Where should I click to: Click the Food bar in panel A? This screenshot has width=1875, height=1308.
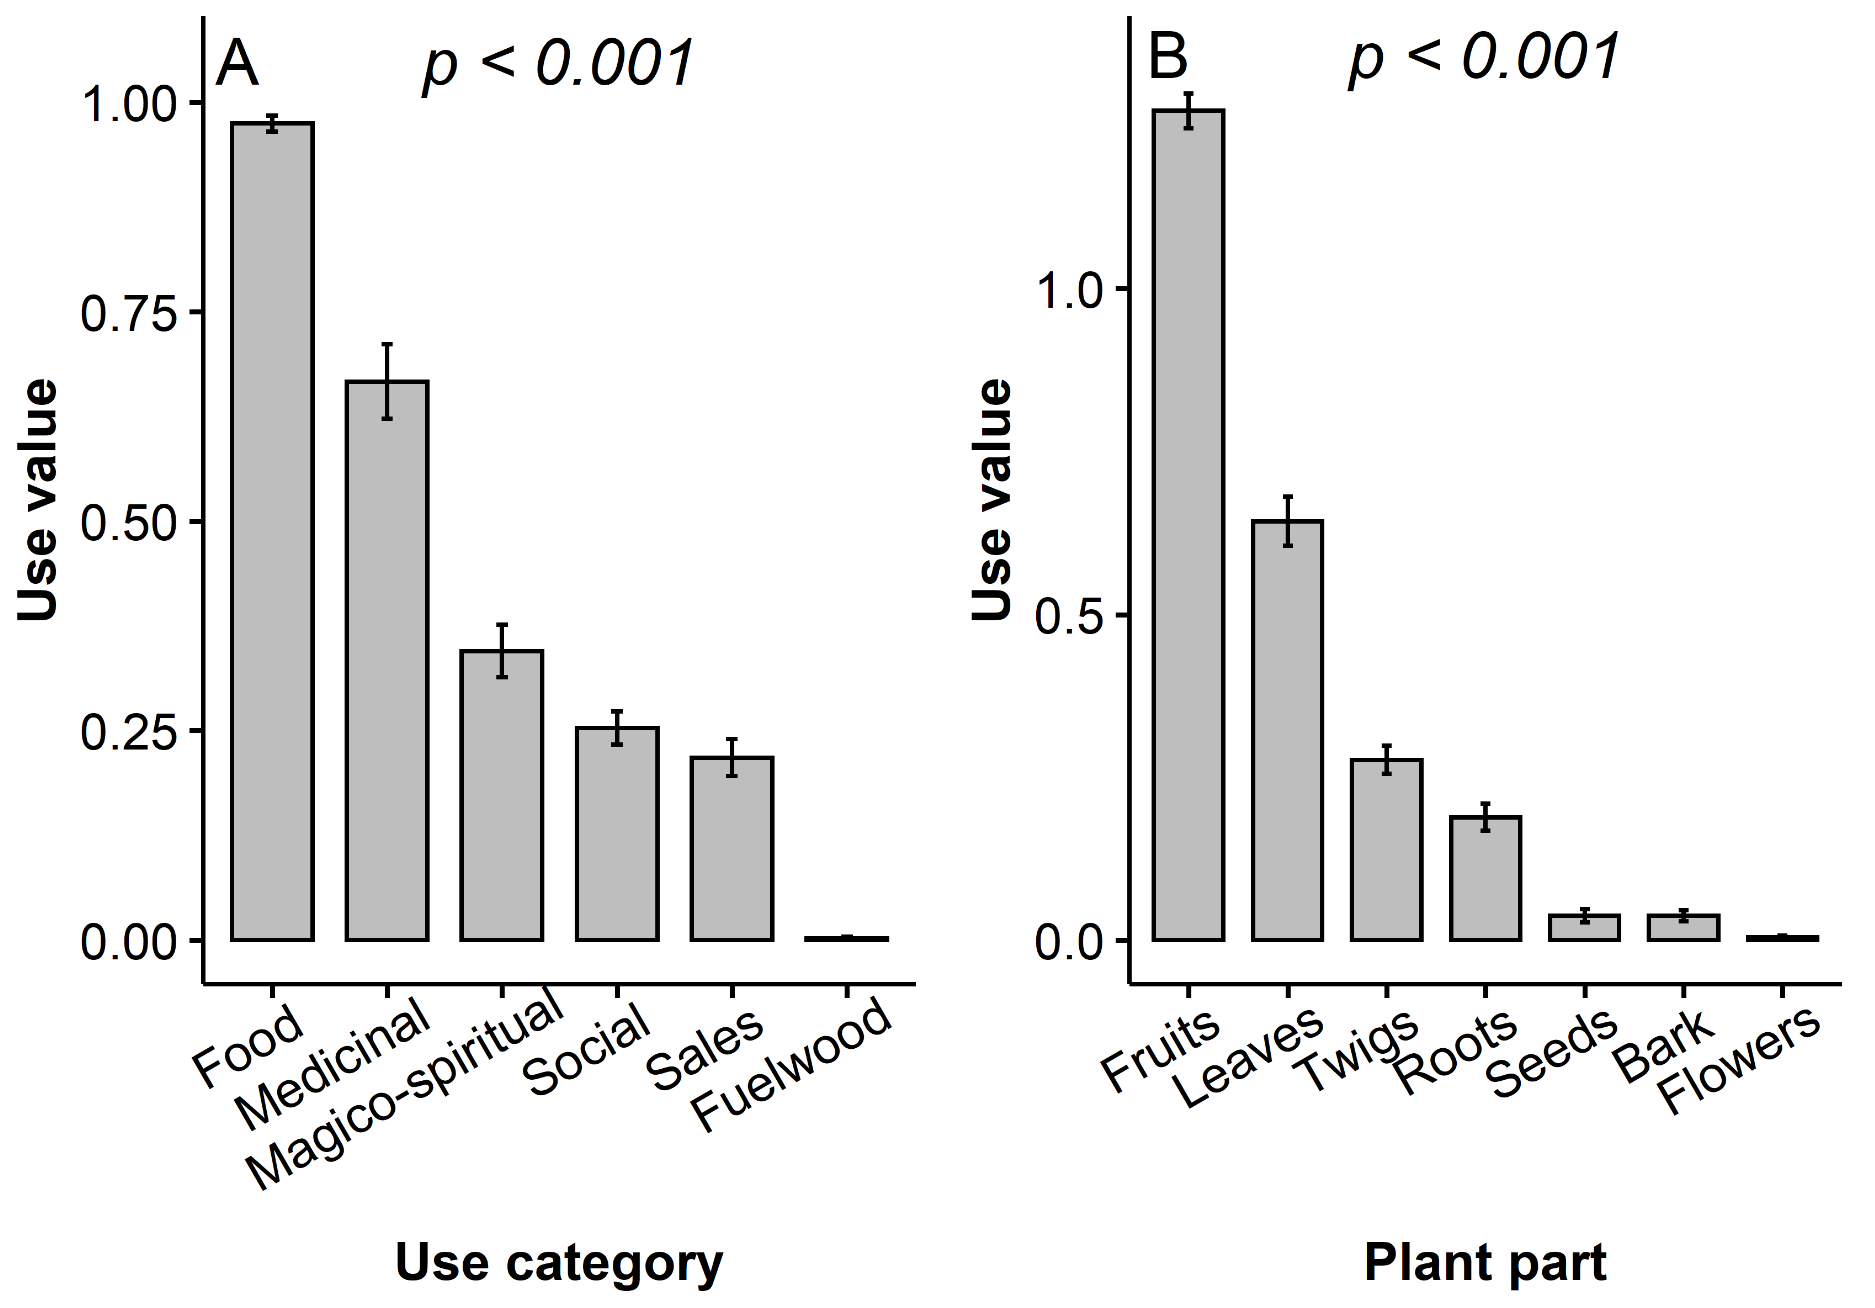[272, 531]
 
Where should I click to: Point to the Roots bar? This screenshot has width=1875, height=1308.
[1485, 878]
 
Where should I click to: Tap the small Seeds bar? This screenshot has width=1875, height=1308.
[1584, 927]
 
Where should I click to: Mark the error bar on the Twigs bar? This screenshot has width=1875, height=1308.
[1386, 759]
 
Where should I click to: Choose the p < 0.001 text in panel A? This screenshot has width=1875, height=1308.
[558, 63]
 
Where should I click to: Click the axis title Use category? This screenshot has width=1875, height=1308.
[559, 1262]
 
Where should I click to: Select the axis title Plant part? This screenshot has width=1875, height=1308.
[1485, 1262]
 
